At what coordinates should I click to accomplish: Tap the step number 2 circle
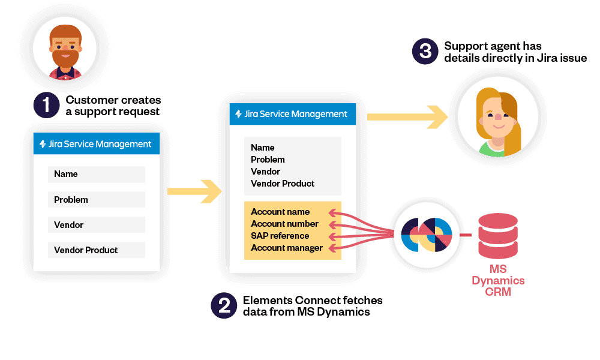pos(224,305)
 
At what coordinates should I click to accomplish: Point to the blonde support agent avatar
pos(497,121)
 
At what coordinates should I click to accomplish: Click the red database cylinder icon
pos(498,234)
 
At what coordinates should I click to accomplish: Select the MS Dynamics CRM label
pos(498,280)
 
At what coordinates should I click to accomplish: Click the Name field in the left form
pos(97,175)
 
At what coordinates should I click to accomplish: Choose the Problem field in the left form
pos(97,200)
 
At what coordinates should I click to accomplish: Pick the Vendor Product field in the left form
pos(97,250)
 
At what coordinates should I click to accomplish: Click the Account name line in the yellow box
pos(280,212)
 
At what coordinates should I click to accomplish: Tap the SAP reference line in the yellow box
pos(280,236)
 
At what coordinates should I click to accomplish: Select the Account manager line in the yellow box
pos(287,248)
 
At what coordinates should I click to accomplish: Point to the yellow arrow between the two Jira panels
pos(194,191)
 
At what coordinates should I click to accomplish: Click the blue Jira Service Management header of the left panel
pos(97,144)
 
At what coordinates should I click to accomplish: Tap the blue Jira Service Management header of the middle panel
pos(293,114)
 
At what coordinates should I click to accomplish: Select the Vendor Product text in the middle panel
pos(283,184)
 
